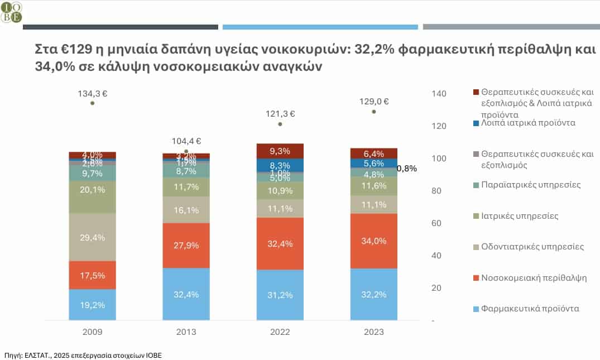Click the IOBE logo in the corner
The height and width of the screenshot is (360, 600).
click(11, 11)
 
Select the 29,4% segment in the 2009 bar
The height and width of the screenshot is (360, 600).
click(92, 237)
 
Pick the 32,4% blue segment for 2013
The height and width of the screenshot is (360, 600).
click(186, 294)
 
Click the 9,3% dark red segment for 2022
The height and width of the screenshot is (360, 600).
click(280, 151)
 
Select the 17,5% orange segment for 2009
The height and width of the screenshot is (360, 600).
click(92, 275)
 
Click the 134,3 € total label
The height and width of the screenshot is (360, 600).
click(92, 94)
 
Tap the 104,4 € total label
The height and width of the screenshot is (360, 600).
click(186, 142)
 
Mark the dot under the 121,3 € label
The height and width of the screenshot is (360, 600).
click(280, 124)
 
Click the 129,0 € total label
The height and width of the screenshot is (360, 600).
click(373, 102)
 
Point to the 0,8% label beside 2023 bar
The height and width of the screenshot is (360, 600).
click(406, 168)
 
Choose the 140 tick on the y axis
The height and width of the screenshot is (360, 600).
click(439, 94)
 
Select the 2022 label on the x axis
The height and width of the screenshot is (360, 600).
click(280, 332)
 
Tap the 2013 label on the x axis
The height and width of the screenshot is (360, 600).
click(186, 332)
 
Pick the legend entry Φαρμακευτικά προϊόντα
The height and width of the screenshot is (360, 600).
click(525, 309)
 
